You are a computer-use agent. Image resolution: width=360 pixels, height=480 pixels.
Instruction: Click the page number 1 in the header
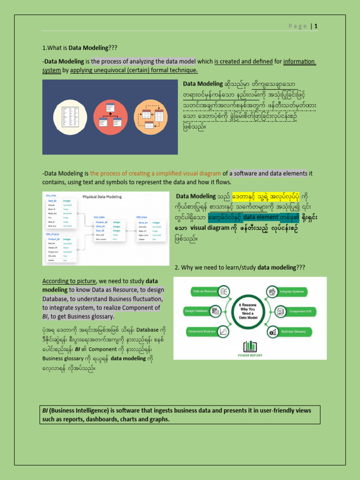(x=316, y=26)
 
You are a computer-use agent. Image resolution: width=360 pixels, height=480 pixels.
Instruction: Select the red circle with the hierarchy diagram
(x=110, y=117)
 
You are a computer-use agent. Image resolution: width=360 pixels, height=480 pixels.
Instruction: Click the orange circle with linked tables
(x=151, y=117)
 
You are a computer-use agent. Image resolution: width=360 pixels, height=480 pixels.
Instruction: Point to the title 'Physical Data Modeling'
(x=102, y=197)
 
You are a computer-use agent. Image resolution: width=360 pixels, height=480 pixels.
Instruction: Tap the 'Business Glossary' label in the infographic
(x=293, y=331)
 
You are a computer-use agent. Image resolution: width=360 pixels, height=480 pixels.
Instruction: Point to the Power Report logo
(x=250, y=349)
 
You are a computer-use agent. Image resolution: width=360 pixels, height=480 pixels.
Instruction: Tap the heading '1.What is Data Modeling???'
(x=79, y=47)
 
